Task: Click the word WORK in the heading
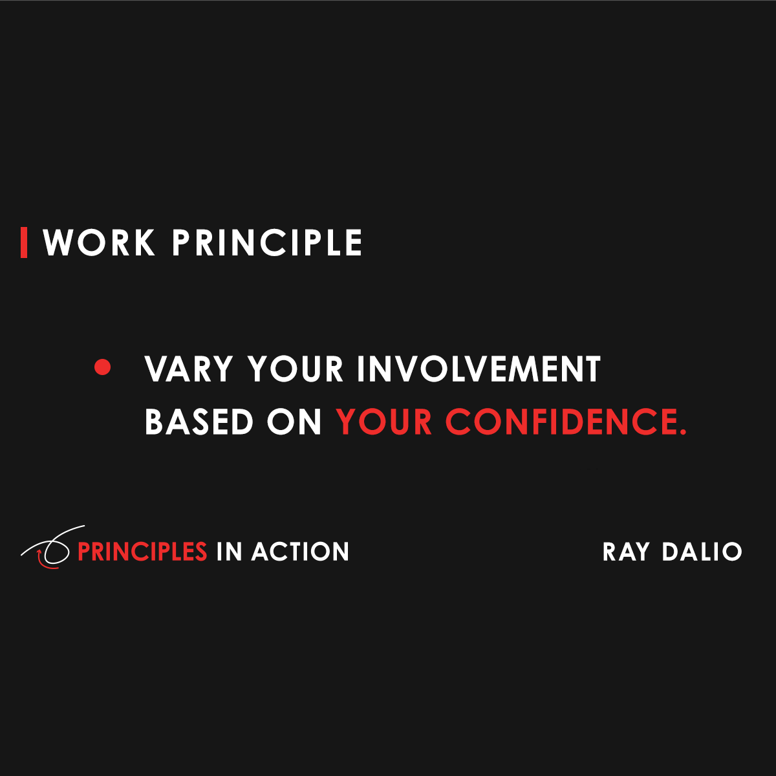point(99,243)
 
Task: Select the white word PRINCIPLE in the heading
point(266,243)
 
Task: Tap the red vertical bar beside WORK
point(24,242)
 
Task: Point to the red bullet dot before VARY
point(102,367)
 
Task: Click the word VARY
point(188,369)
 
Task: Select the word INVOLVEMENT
point(479,369)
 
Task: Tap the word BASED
point(199,422)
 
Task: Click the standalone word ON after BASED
point(294,422)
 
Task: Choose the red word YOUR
point(384,422)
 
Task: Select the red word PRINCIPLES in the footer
point(142,552)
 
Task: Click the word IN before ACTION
point(229,552)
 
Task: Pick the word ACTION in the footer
point(300,552)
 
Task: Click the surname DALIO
point(702,552)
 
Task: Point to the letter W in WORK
point(59,243)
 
